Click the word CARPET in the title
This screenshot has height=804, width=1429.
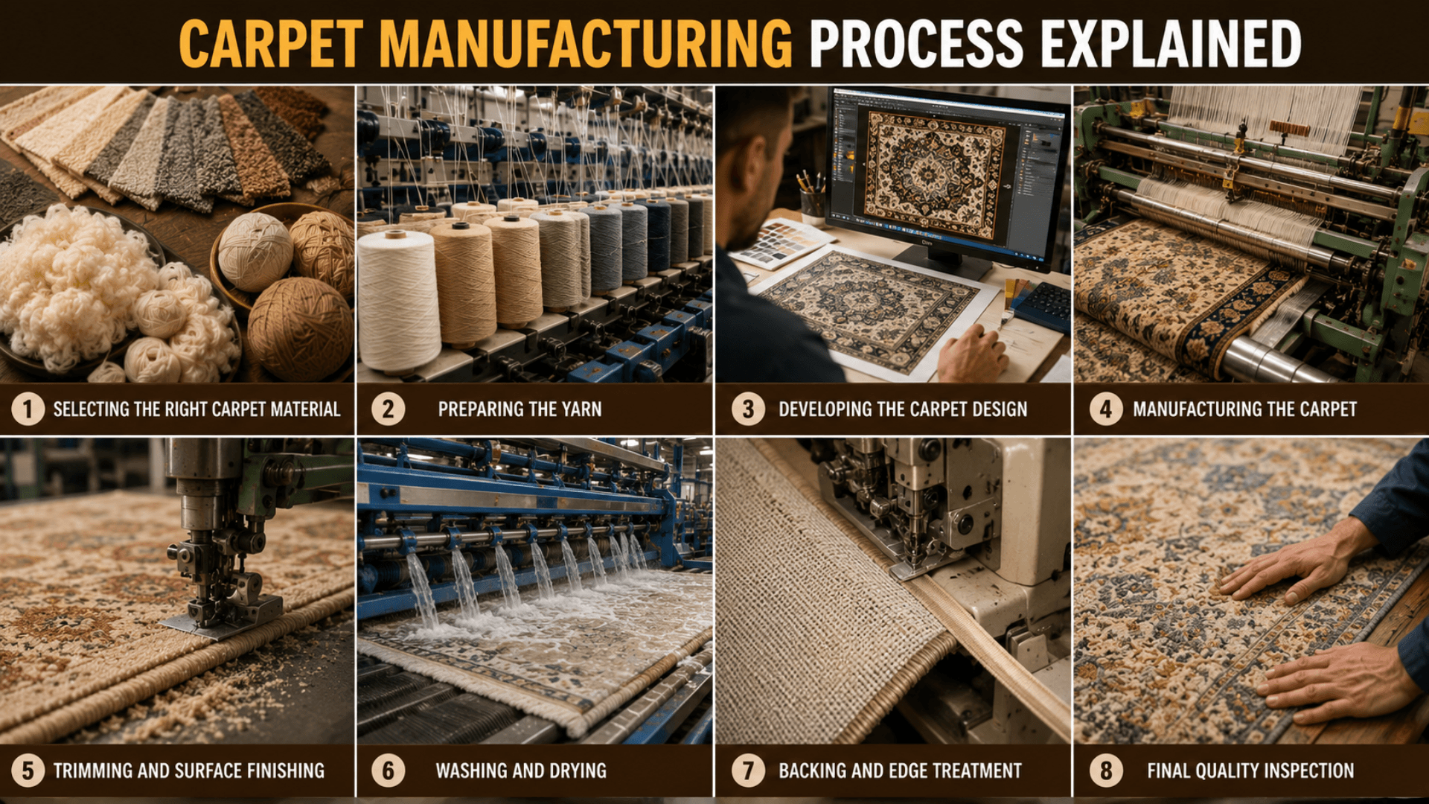271,44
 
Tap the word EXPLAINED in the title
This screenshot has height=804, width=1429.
1171,44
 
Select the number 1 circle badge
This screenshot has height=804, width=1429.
28,409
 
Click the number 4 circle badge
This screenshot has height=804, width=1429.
1106,409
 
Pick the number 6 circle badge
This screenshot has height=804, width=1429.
388,770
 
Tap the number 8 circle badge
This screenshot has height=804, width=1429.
1106,770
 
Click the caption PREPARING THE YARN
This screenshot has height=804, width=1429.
520,409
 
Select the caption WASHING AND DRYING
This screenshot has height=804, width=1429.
521,770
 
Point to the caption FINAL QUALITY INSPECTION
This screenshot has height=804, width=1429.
1250,770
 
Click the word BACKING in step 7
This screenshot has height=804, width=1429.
813,770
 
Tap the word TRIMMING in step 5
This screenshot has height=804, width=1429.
93,770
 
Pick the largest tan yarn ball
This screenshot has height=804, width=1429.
300,328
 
